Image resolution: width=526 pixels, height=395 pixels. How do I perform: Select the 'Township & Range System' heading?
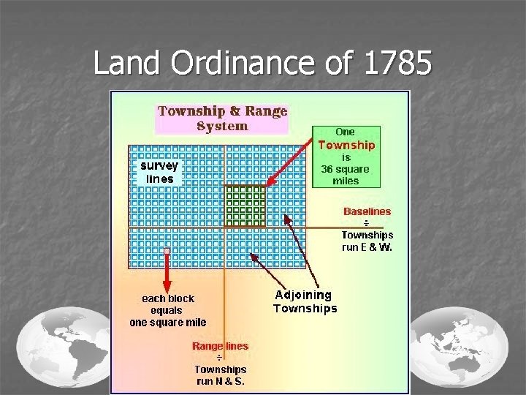(223, 118)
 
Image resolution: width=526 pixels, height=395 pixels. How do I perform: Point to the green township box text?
(346, 157)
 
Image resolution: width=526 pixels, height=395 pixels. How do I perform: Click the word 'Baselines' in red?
(367, 211)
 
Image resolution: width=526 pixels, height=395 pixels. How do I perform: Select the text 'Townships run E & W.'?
(367, 241)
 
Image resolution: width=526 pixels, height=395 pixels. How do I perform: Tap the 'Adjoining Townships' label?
(305, 301)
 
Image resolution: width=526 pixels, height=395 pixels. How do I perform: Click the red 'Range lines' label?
(220, 346)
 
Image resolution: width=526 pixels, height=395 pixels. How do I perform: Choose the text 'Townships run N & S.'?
(220, 375)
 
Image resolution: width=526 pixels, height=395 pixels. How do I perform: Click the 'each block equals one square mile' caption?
(168, 310)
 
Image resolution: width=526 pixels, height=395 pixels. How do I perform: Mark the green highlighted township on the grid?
(245, 206)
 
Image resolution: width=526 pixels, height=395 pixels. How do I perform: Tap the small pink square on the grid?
(167, 252)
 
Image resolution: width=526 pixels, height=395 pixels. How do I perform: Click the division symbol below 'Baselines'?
(366, 223)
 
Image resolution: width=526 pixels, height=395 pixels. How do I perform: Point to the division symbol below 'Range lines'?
(219, 358)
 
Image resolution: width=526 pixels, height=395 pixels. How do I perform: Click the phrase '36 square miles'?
(346, 175)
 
